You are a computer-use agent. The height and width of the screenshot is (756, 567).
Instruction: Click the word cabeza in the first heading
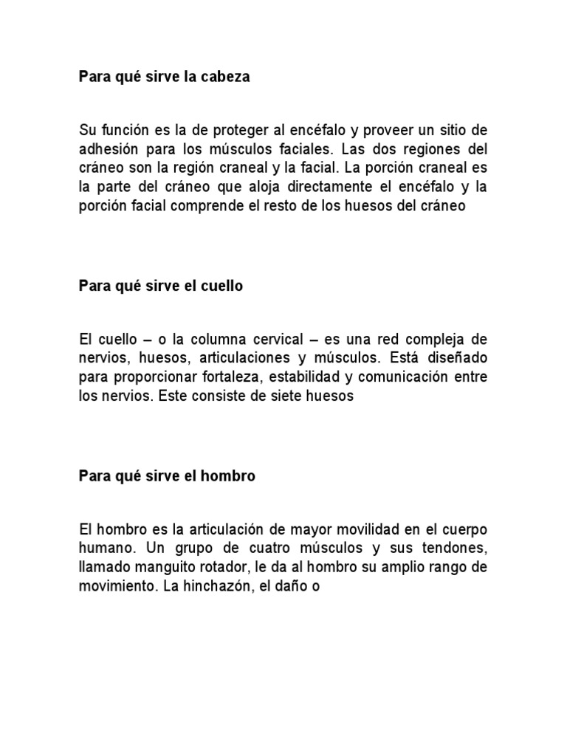click(x=226, y=77)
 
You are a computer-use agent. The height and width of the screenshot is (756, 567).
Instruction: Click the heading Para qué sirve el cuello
click(x=161, y=286)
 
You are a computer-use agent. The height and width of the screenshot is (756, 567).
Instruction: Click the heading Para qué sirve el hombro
click(x=167, y=476)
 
